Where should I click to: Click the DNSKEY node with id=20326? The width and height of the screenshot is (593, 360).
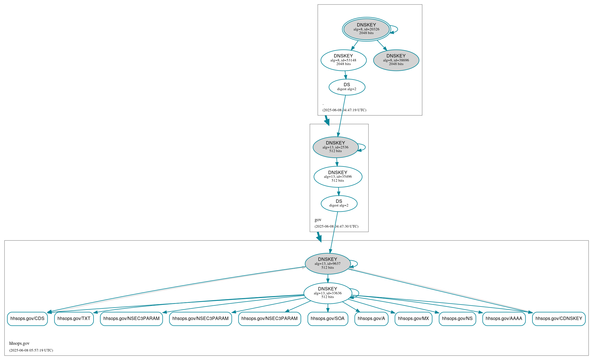tap(366, 29)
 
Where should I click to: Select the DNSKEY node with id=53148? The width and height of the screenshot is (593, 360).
tap(343, 60)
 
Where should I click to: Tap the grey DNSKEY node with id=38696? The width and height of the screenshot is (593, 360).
tap(396, 60)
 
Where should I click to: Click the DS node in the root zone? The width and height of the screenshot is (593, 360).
tap(347, 87)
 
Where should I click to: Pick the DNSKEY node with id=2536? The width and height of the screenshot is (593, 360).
tap(335, 147)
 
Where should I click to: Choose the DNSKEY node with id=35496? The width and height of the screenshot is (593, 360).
tap(338, 177)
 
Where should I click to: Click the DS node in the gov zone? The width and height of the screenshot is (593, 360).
tap(339, 203)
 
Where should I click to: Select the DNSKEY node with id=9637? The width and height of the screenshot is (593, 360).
tap(328, 264)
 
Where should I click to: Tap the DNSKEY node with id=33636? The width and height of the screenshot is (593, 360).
tap(328, 293)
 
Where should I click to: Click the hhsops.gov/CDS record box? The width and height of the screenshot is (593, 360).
tap(27, 319)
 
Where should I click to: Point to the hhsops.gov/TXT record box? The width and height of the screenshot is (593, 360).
tap(74, 319)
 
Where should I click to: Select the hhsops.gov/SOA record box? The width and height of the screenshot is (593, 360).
tap(328, 319)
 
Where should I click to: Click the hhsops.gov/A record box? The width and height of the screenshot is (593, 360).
tap(371, 319)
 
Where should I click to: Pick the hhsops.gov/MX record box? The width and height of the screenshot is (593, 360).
tap(413, 319)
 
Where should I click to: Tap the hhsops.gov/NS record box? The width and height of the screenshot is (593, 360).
tap(457, 319)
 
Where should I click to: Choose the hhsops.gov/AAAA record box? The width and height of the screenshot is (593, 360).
tap(504, 319)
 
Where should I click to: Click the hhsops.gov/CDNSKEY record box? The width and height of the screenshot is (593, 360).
tap(559, 319)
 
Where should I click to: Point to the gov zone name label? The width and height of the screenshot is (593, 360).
tap(318, 220)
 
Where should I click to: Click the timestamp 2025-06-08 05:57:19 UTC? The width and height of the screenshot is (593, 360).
tap(31, 350)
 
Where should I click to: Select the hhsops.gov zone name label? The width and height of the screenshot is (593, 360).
tap(19, 343)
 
